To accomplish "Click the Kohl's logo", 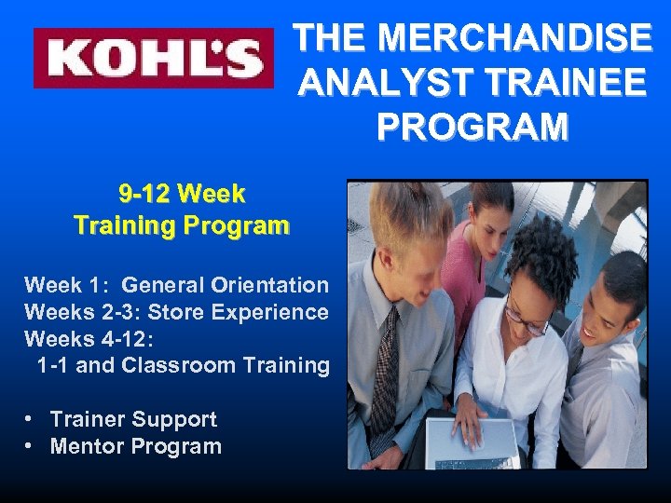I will pyautogui.click(x=154, y=58).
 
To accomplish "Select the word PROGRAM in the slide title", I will pyautogui.click(x=472, y=125).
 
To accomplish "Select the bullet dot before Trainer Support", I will pyautogui.click(x=32, y=419).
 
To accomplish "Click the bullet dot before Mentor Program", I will pyautogui.click(x=32, y=446).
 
